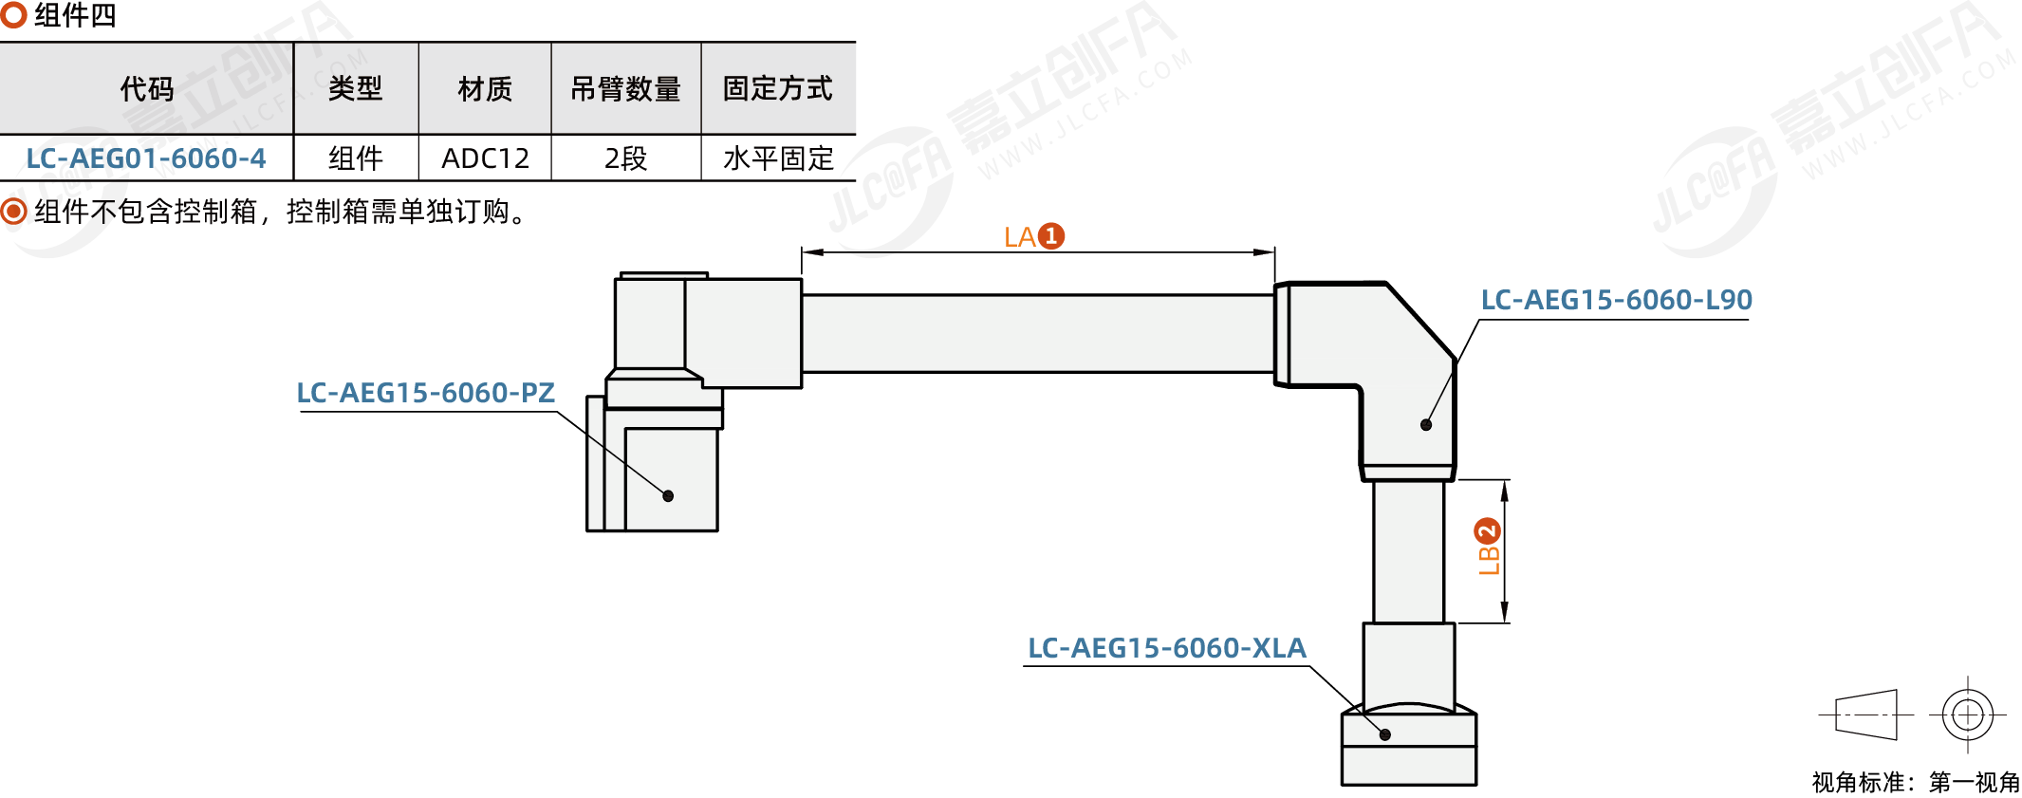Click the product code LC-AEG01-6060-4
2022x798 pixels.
tap(146, 158)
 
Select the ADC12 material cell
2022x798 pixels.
tap(485, 158)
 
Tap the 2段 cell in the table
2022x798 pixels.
tap(625, 158)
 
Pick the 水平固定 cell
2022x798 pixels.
tap(778, 158)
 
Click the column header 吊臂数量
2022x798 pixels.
tap(625, 89)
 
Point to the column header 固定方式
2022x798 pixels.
tap(778, 89)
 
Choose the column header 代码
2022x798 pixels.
tap(147, 89)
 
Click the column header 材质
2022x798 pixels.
tap(485, 89)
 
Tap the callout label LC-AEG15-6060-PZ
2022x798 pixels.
tap(426, 393)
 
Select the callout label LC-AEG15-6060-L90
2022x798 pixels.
tap(1617, 300)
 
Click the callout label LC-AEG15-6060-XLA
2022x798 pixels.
tap(1167, 648)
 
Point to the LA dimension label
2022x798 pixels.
tap(1020, 236)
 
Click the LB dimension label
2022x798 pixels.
tap(1489, 560)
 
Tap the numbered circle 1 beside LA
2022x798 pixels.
tap(1051, 235)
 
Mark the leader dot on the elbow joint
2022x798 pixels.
tap(1426, 425)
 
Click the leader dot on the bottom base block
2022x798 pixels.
tap(1385, 734)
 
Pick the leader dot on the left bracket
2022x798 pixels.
tap(668, 496)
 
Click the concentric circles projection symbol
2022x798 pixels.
tap(1968, 714)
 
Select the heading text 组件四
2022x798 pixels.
tap(75, 16)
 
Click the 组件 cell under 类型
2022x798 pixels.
tap(356, 158)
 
